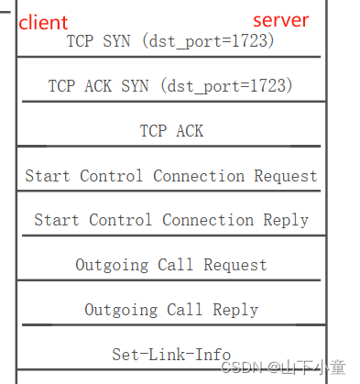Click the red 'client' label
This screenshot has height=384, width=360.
(43, 22)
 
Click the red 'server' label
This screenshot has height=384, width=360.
(281, 20)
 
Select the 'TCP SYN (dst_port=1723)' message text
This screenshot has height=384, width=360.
(171, 41)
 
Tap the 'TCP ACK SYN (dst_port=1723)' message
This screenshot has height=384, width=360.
(171, 86)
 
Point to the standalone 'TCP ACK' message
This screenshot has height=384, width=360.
(171, 131)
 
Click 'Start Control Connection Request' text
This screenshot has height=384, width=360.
(171, 176)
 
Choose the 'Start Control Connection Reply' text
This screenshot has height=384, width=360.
(171, 220)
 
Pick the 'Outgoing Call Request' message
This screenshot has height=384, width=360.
(171, 265)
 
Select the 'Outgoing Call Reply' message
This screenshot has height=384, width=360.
(171, 310)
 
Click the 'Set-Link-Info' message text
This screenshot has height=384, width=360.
(171, 354)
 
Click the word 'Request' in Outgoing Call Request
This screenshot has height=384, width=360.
(235, 265)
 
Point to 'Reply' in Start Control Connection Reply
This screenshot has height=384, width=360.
(286, 220)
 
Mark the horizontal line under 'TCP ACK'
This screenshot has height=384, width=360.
(171, 146)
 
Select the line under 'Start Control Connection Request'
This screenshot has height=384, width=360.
(171, 191)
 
